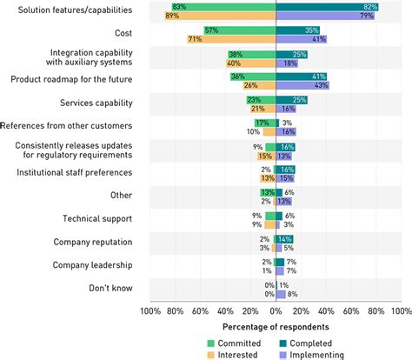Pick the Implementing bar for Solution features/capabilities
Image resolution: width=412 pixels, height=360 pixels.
[x=325, y=16]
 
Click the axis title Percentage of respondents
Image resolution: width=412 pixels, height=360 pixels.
[x=276, y=326]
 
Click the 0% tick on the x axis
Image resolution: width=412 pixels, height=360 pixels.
[x=276, y=310]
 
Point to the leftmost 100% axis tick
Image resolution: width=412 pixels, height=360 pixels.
[x=150, y=310]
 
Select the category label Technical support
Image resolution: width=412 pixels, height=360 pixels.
[x=98, y=218]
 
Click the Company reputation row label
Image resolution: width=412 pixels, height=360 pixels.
[x=93, y=242]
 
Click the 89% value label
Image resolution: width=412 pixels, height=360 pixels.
[x=173, y=16]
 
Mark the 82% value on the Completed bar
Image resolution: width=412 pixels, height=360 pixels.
[x=371, y=6]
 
